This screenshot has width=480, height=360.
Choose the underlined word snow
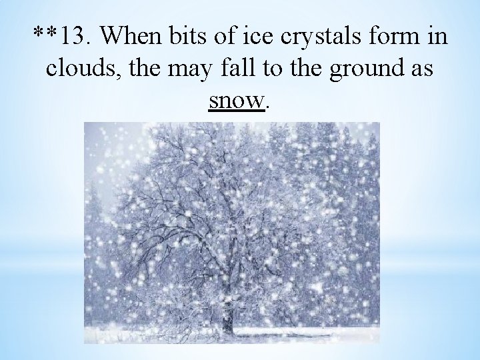237,100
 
